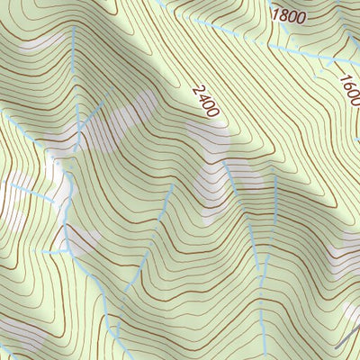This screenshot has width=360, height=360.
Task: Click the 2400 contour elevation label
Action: click(x=205, y=102)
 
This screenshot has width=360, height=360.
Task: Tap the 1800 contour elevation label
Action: click(x=288, y=14)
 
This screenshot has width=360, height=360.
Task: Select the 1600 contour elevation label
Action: click(x=349, y=87)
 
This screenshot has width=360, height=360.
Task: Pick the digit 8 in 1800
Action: click(x=283, y=14)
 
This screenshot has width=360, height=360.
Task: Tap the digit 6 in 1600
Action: click(x=347, y=82)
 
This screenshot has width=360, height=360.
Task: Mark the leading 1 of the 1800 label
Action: click(x=275, y=14)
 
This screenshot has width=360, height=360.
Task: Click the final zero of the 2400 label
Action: click(x=213, y=112)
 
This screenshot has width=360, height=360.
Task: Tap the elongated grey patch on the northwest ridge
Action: click(x=40, y=42)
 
